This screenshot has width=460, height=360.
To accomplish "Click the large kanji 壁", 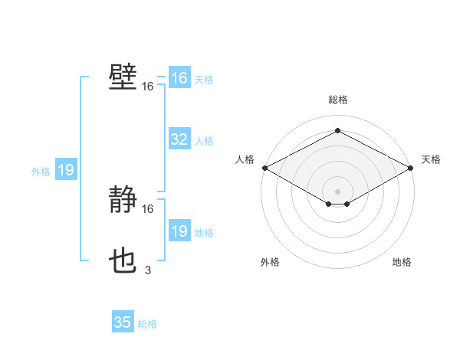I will coord(123,77).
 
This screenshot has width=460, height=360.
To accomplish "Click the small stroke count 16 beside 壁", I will coord(147,87).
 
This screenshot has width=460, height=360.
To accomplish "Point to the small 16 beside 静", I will coord(148,208).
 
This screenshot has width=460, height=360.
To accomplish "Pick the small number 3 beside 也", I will coord(148,269).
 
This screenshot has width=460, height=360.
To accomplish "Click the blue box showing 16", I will coord(179,78).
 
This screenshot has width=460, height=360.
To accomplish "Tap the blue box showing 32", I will coord(179,139).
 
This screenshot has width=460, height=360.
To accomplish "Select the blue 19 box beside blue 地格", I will coord(179,231).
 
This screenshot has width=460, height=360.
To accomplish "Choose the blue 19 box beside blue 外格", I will coord(66,170).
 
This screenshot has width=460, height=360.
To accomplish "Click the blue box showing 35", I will coord(123,322).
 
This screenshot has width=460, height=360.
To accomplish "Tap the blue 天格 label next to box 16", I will coord(204,80).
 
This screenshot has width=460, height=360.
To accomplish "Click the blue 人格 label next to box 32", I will coord(204,141).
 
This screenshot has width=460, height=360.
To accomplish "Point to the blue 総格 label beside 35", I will coord(147,324).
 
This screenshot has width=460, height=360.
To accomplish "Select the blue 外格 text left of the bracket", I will coord(41,172).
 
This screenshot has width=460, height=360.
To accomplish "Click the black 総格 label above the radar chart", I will coord(337,100).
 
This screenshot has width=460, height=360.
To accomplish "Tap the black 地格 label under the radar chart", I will coord(402,263).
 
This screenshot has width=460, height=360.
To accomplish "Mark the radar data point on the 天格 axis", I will coord(412,167).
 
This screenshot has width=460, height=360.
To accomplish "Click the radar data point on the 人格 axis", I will coord(264,167).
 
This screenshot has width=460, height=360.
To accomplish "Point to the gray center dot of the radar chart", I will coord(337,191).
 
